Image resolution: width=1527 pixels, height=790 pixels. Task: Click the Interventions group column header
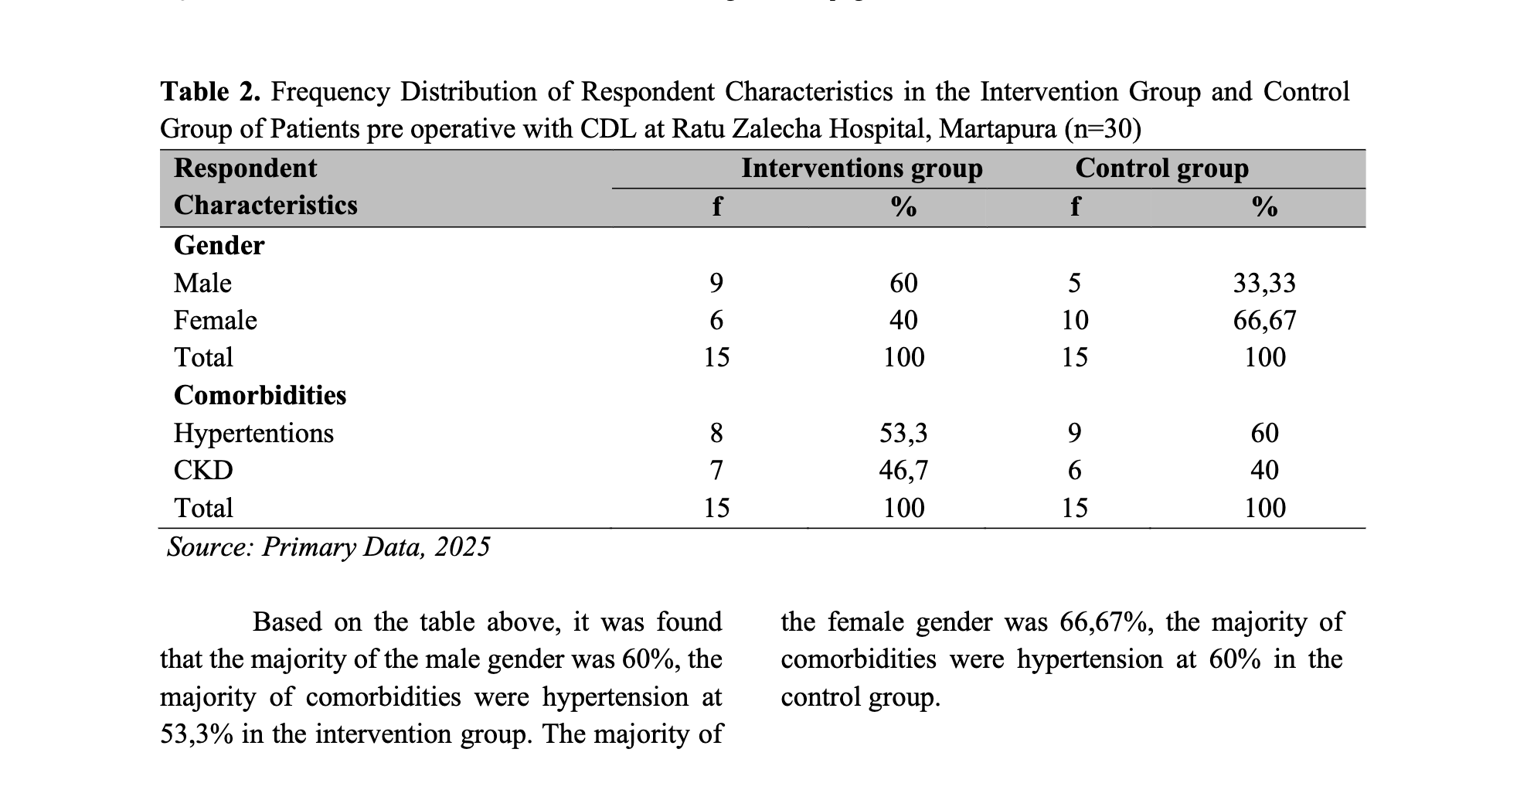862,169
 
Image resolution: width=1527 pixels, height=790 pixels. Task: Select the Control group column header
1161,169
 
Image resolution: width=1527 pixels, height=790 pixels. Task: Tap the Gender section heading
219,245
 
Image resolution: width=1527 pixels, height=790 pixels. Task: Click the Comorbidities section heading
260,395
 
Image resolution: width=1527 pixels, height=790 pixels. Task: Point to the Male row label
202,283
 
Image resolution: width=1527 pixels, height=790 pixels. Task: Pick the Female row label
215,320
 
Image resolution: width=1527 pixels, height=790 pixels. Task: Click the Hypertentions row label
253,433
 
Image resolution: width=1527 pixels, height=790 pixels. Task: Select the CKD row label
203,470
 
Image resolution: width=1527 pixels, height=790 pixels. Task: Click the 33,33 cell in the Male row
1264,284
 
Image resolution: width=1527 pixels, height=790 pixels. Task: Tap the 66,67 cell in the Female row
1264,321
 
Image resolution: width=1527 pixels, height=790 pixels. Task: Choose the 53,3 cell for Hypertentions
903,434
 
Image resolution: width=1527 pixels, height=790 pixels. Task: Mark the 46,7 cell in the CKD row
903,471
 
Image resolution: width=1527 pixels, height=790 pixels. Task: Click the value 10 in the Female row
1074,320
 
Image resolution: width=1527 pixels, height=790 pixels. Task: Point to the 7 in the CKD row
716,470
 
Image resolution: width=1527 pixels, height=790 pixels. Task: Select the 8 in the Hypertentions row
716,433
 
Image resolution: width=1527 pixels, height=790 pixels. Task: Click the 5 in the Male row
1074,283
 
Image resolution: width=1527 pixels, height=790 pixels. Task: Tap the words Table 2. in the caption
210,92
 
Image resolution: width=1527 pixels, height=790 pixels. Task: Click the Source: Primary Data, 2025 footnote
328,547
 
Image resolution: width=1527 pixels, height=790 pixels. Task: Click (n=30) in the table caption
1103,128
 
